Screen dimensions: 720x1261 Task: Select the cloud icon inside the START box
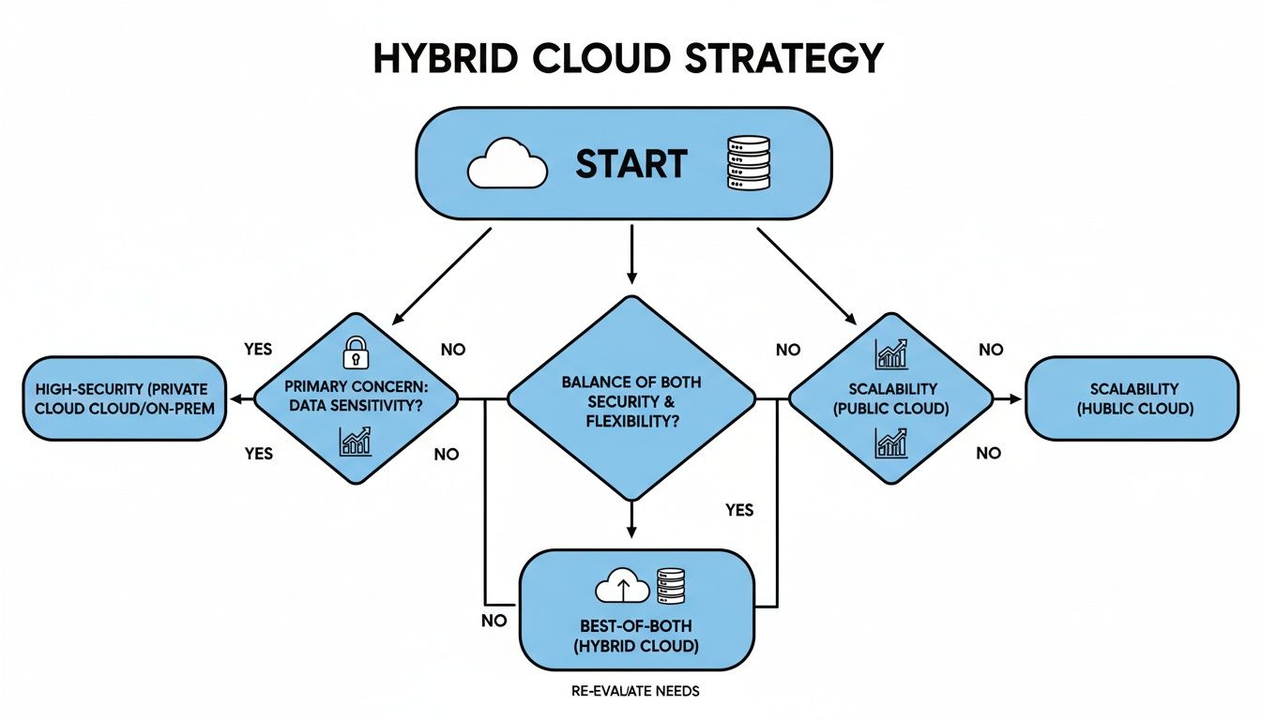(507, 164)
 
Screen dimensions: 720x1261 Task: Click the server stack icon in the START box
(748, 164)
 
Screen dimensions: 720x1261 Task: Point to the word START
(630, 164)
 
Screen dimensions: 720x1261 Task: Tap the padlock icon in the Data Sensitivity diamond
(356, 353)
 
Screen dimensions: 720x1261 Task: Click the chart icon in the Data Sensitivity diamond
(356, 441)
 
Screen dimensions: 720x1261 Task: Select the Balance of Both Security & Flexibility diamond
(630, 398)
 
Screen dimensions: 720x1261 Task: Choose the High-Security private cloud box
(125, 398)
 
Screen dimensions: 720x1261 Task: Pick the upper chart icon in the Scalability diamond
(890, 353)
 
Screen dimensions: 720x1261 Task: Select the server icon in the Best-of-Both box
(670, 586)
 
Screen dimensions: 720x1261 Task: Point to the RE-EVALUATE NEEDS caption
(634, 692)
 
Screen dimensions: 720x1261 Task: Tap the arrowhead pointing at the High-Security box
(235, 399)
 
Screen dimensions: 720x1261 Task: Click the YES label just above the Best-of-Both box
(739, 511)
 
